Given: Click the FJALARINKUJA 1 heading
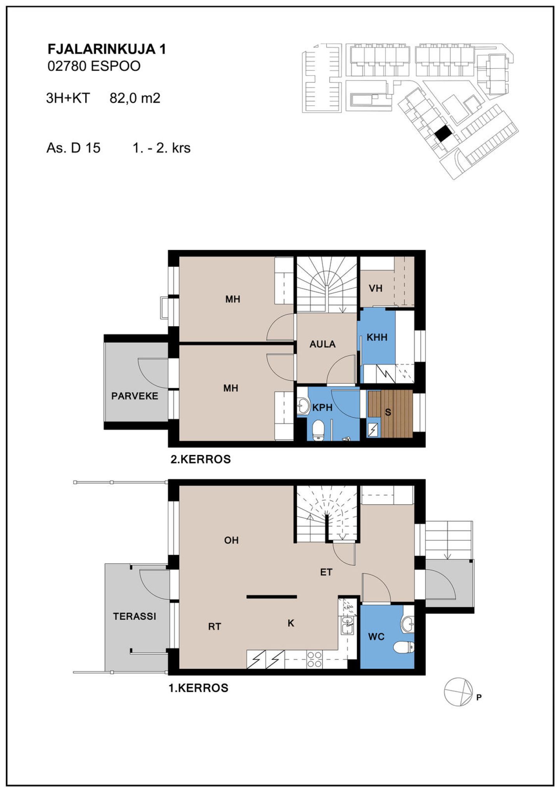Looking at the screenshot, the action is click(x=107, y=49).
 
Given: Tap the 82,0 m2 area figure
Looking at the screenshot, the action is click(x=135, y=98).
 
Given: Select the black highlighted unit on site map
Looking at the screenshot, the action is click(x=443, y=135).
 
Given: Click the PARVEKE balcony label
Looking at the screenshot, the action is click(x=135, y=396).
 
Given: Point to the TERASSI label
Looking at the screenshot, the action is click(x=135, y=616).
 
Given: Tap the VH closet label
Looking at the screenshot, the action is click(x=376, y=288).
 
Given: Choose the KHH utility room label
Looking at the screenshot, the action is click(x=377, y=337).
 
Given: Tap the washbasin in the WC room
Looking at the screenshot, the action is click(x=408, y=624).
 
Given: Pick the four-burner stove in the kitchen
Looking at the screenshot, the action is click(x=315, y=660).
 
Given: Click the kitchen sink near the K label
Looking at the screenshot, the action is click(x=347, y=626).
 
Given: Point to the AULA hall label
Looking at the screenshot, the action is click(x=322, y=344).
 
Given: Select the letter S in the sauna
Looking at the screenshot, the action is click(x=388, y=412).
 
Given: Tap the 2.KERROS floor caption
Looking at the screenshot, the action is click(x=201, y=459).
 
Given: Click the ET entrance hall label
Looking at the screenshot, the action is click(x=326, y=572).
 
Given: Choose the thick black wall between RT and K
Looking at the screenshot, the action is click(x=272, y=597).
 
